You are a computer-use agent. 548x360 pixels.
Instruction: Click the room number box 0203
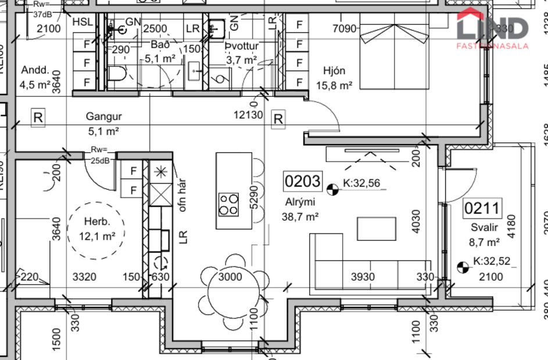point(302,182)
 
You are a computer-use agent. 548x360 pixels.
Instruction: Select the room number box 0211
point(482,208)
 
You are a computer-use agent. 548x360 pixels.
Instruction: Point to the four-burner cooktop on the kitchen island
point(228,204)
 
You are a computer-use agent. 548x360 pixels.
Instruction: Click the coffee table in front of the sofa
point(376,228)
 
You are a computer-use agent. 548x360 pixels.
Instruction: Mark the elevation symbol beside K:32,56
point(333,189)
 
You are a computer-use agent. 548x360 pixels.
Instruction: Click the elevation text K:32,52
point(491,261)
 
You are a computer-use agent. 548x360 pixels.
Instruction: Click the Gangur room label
point(103,116)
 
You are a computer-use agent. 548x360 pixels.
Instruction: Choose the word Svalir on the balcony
point(482,229)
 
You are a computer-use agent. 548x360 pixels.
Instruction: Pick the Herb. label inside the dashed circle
point(96,222)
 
